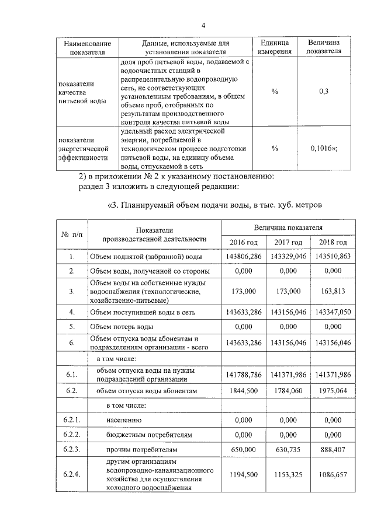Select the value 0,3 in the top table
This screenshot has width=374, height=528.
pyautogui.click(x=324, y=92)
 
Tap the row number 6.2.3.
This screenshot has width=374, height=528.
pyautogui.click(x=71, y=450)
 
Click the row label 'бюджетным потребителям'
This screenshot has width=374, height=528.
pyautogui.click(x=143, y=435)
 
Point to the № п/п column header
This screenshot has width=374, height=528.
pyautogui.click(x=71, y=234)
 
